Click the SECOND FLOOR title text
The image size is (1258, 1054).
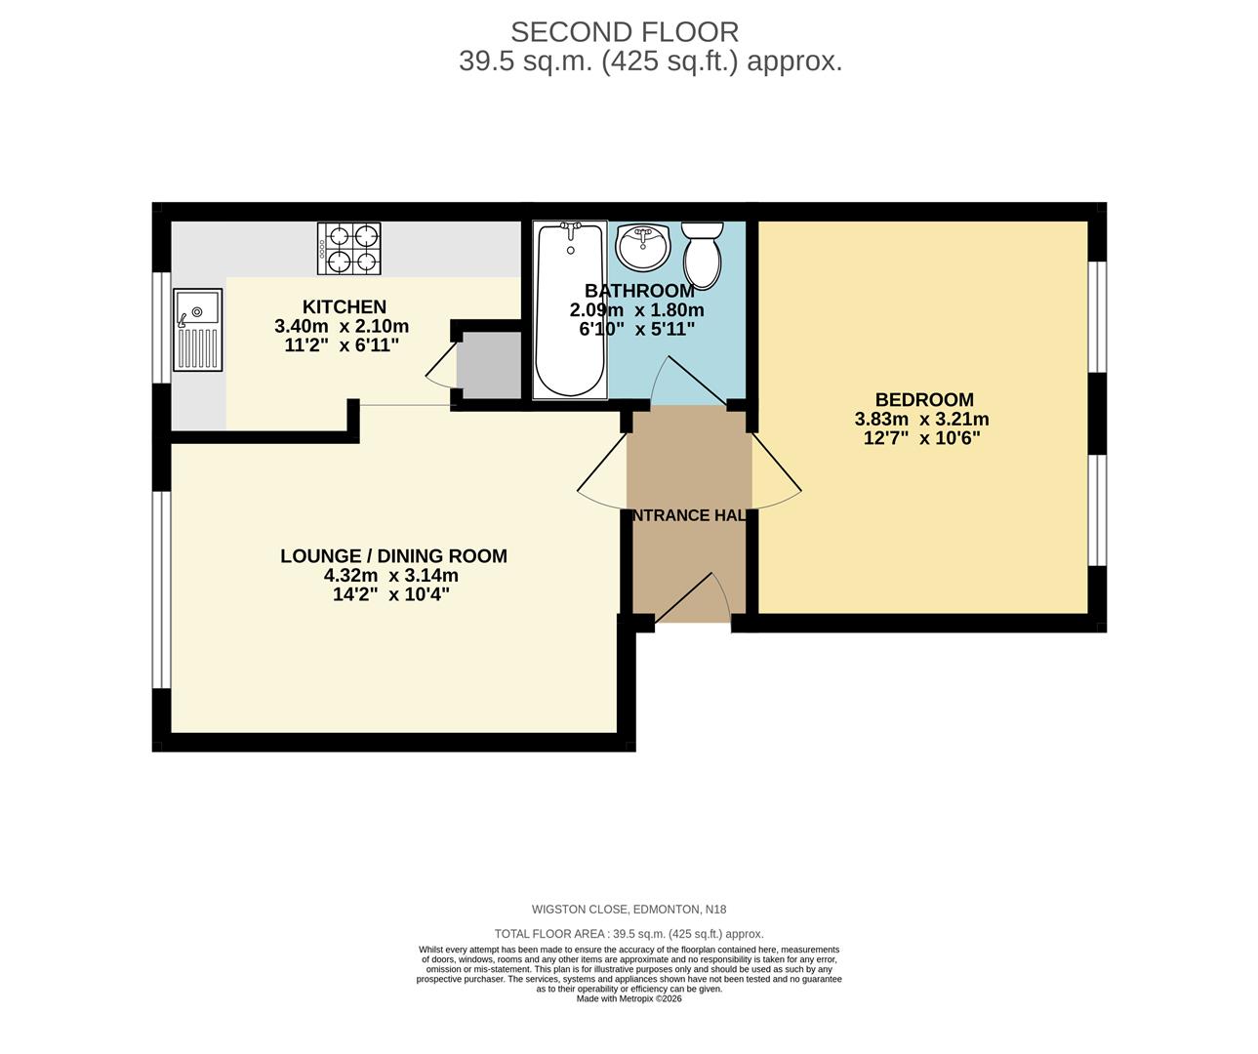coord(625,32)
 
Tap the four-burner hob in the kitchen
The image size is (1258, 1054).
coord(348,248)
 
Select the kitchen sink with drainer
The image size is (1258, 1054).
coord(197,330)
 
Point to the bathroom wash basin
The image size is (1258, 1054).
coord(642,246)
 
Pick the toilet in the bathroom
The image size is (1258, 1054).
coord(701,252)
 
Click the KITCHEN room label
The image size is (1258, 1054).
coord(344,306)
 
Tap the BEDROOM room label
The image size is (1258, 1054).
coord(923,399)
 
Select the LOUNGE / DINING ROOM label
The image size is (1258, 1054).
coord(393,555)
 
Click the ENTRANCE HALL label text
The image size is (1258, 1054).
coord(689,515)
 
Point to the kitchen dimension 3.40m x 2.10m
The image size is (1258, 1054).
coord(342,326)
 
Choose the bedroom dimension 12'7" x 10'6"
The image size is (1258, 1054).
coord(921,438)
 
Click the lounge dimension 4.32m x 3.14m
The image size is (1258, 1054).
coord(391,575)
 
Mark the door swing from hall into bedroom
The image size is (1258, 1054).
coord(777,473)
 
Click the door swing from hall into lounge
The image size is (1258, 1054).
coord(601,473)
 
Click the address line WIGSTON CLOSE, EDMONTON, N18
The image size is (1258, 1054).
coord(629,910)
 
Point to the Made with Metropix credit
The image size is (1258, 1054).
coord(629,998)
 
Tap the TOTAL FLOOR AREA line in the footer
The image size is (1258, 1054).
coord(629,934)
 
